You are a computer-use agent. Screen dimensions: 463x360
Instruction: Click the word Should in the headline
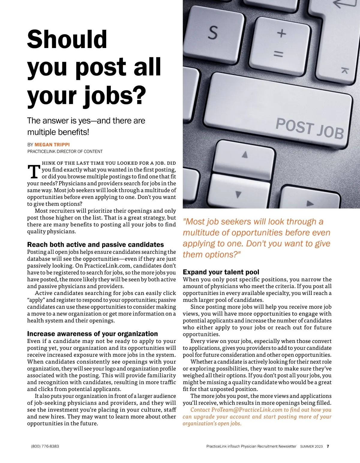tap(67, 39)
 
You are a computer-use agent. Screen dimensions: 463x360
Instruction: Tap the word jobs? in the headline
tap(114, 96)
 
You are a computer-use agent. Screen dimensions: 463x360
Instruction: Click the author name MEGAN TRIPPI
tap(52, 144)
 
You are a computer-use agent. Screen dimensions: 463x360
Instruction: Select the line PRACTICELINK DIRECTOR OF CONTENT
tap(65, 152)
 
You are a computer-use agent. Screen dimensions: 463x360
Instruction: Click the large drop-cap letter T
tap(34, 172)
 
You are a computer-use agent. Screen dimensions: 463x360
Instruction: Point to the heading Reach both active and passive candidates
tap(95, 245)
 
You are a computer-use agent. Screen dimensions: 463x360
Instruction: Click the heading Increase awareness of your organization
tap(92, 334)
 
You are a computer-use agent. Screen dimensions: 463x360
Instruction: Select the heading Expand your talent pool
tap(221, 272)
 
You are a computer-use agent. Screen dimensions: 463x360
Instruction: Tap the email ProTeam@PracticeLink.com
tap(247, 410)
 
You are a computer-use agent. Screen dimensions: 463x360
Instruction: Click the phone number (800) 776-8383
tap(45, 446)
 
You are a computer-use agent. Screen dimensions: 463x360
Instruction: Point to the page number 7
tap(328, 446)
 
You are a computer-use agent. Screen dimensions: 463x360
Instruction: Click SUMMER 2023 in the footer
tap(311, 446)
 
